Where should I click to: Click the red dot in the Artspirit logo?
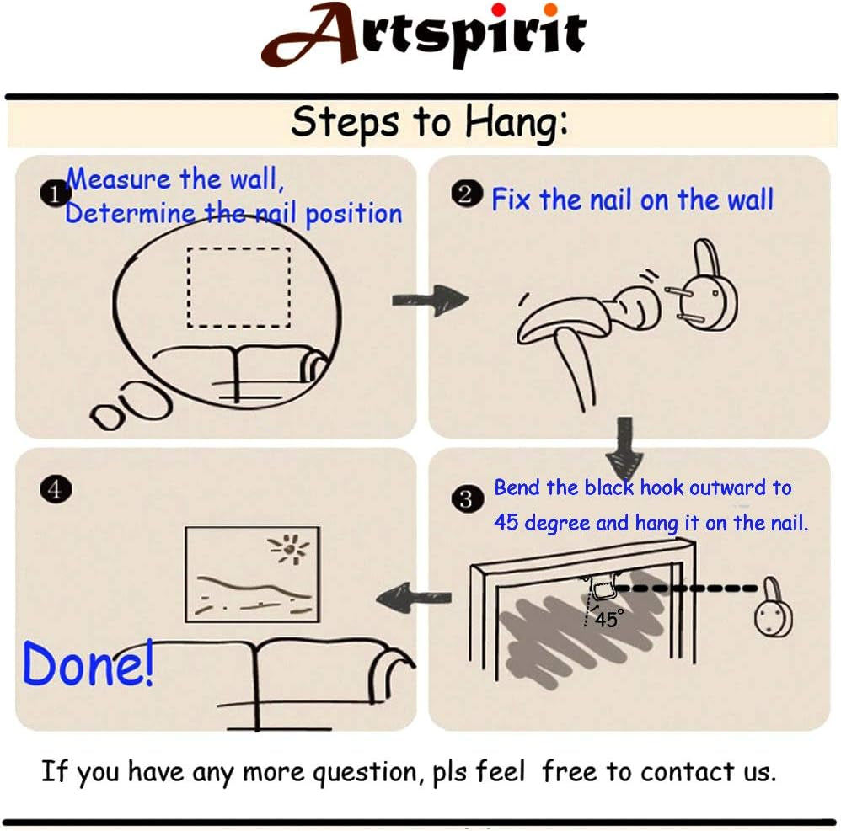coord(498,9)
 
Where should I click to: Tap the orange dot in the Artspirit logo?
coord(550,9)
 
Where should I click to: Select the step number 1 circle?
coord(55,194)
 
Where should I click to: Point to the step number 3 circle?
coord(467,499)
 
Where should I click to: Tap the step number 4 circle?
coord(56,489)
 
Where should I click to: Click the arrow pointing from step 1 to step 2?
coord(430,300)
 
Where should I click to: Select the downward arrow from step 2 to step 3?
coord(624,448)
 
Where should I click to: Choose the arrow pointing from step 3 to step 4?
coord(414,598)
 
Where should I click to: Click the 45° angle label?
coord(609,619)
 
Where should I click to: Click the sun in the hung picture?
coord(290,549)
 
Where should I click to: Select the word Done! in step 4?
coord(88,663)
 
